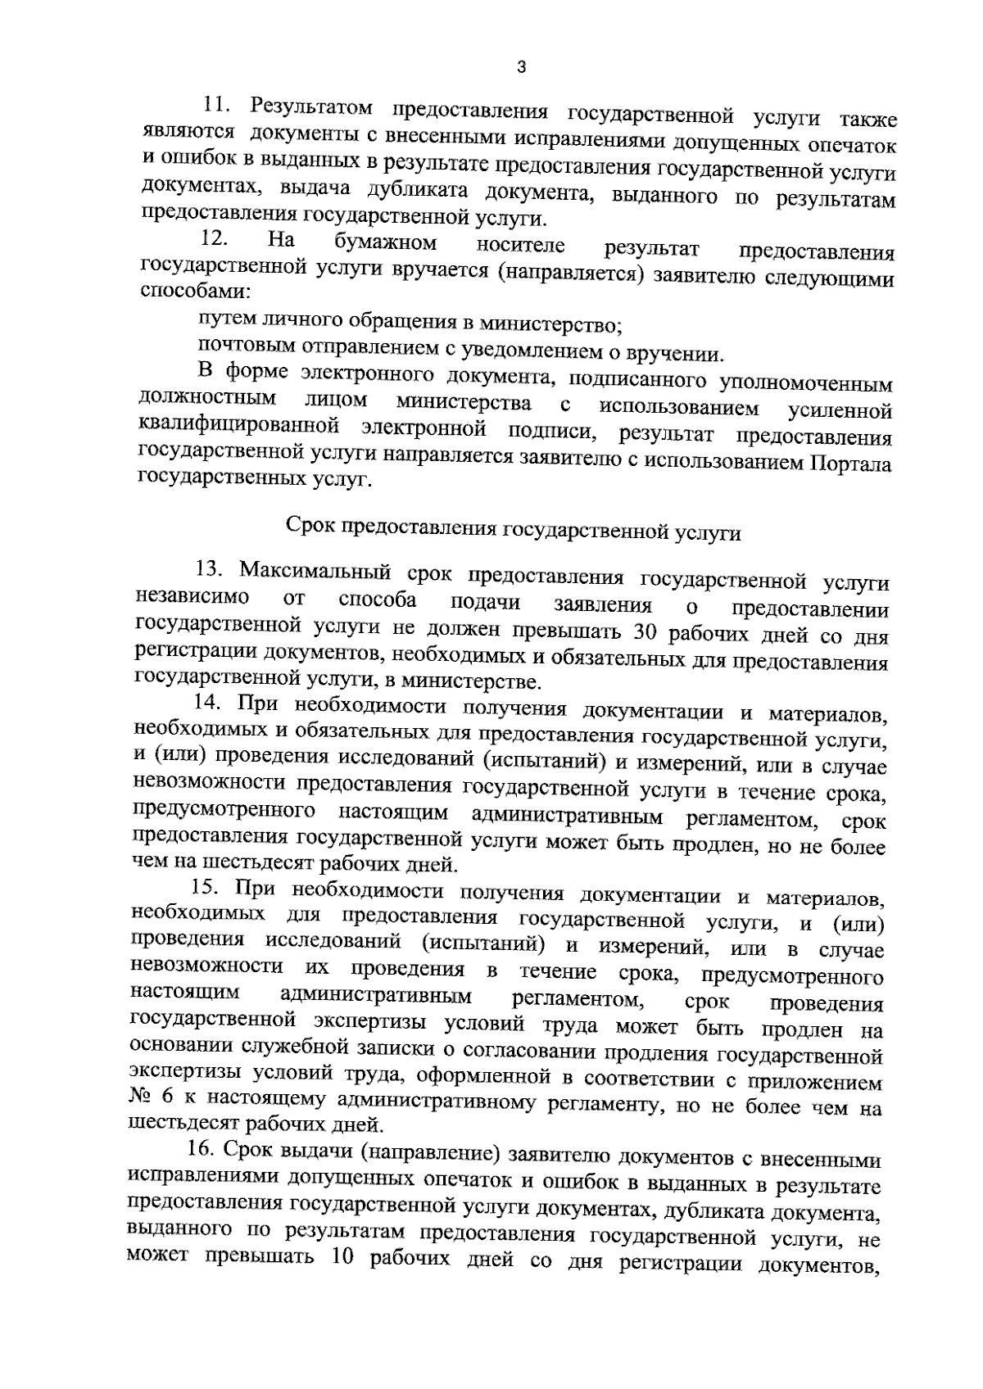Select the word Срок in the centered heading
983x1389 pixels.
310,525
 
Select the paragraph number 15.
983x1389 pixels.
205,886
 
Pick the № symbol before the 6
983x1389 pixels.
141,1097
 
